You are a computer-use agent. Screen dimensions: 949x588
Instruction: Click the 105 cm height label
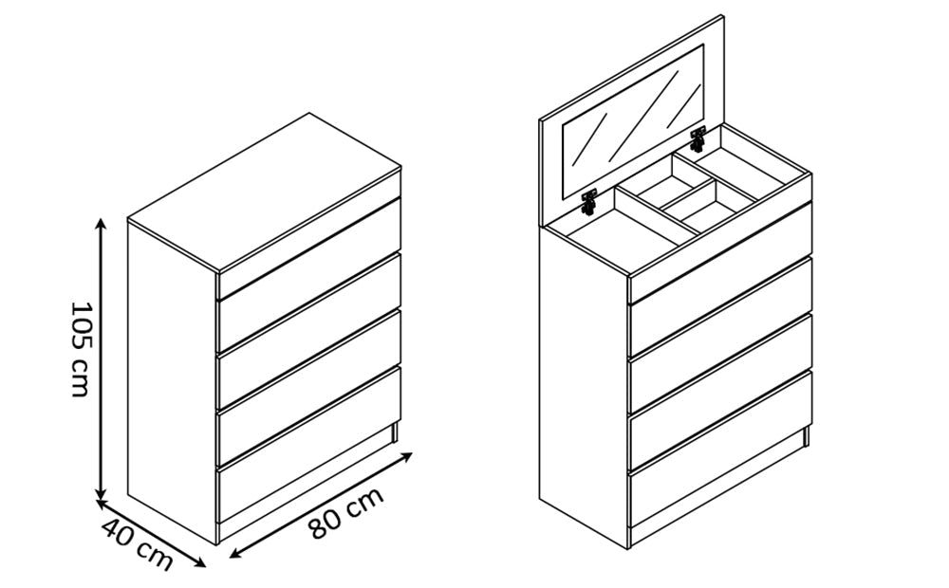pos(81,350)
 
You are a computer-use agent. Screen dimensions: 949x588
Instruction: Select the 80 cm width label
pos(345,512)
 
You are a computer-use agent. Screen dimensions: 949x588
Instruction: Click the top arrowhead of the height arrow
pos(102,223)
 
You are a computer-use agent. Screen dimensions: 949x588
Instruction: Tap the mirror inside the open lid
pos(633,120)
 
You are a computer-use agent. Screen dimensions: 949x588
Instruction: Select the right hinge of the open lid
pos(698,139)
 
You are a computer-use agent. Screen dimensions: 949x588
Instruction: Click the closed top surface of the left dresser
pos(265,192)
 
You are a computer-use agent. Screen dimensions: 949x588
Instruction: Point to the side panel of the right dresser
pos(584,387)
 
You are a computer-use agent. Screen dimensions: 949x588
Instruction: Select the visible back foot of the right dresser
pos(806,437)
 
